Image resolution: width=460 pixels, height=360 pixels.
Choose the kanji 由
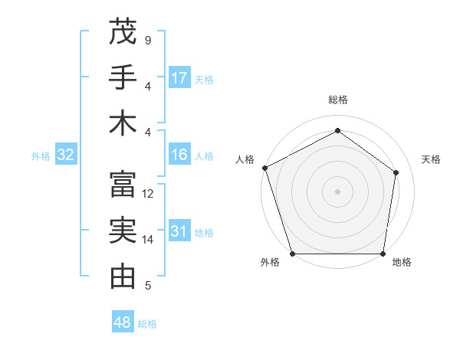[x=123, y=276]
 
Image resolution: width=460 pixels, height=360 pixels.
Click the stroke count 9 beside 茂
[x=147, y=40]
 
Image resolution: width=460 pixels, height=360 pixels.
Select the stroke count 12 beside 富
[x=148, y=194]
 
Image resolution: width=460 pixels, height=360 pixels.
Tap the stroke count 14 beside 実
[x=148, y=240]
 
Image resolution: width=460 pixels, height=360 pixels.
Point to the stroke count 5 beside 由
[x=147, y=286]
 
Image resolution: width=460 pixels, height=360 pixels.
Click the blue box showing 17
[x=179, y=77]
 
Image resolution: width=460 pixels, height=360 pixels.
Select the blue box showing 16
[x=179, y=155]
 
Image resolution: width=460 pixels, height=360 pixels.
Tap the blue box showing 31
[x=179, y=231]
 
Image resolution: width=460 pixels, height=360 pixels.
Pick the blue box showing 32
[x=66, y=155]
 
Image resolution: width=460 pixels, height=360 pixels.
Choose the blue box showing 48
[x=123, y=322]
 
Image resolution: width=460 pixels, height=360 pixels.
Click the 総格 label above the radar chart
[x=338, y=100]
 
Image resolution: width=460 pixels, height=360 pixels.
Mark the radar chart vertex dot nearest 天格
[x=396, y=172]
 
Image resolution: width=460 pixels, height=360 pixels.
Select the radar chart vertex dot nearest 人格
[x=264, y=168]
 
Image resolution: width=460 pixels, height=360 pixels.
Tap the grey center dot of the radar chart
[x=337, y=191]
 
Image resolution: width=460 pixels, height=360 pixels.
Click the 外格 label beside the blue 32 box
[x=41, y=156]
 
